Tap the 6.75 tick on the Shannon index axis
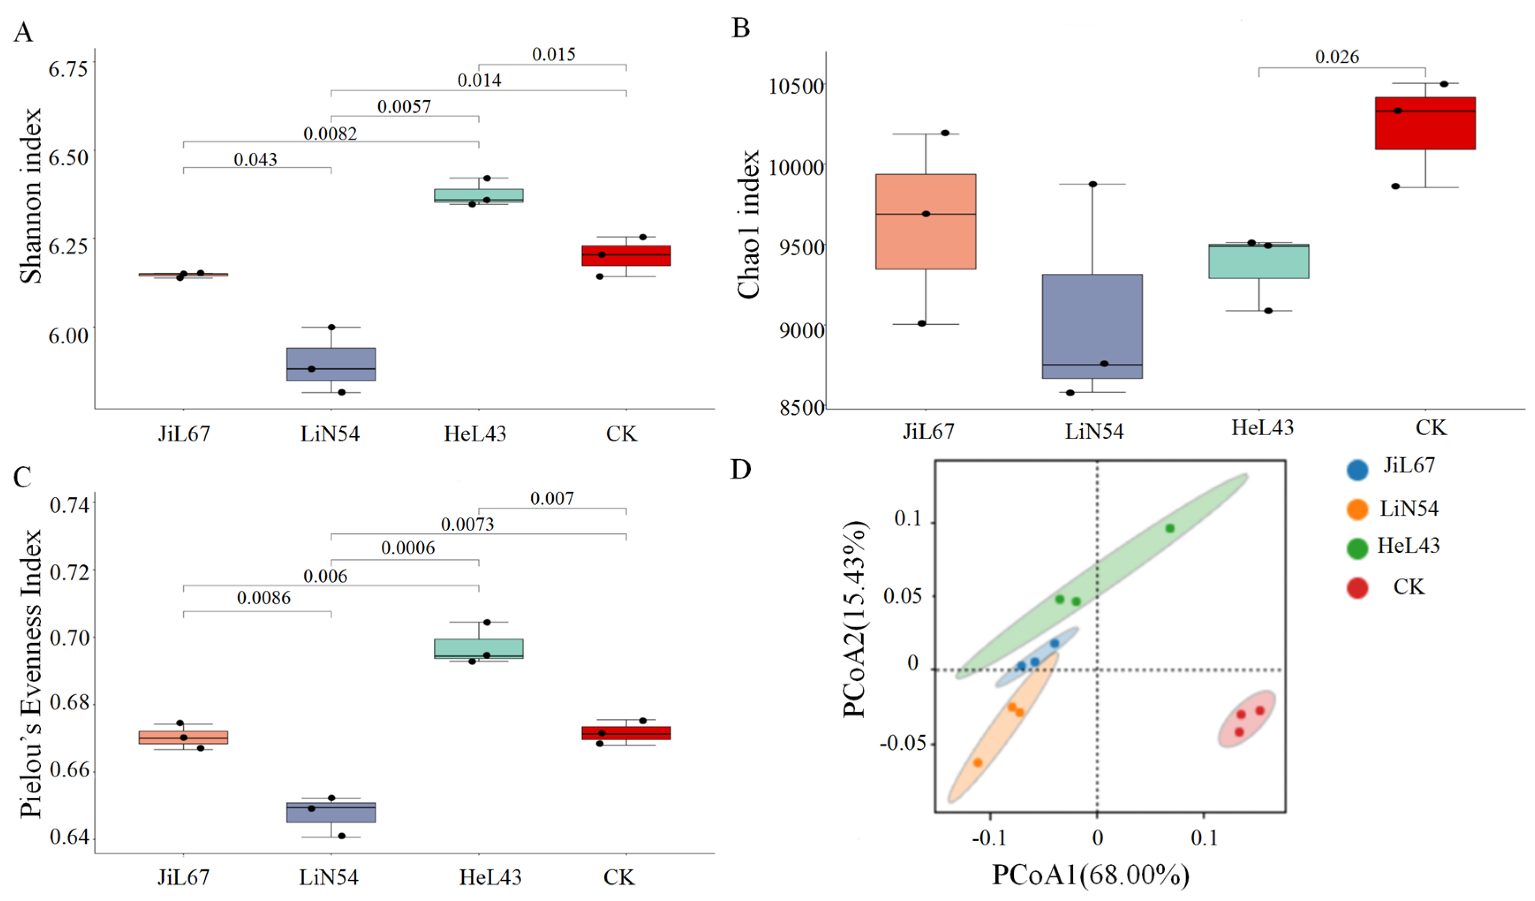(68, 69)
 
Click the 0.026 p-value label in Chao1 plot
(1336, 57)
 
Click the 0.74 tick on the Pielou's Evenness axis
(69, 505)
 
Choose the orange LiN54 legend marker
(1357, 509)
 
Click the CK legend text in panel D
(1408, 587)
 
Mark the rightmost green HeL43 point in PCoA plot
(1170, 528)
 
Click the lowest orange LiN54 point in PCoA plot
(978, 762)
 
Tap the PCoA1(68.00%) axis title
(1090, 875)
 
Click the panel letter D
(740, 469)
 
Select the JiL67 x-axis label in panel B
(928, 431)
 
